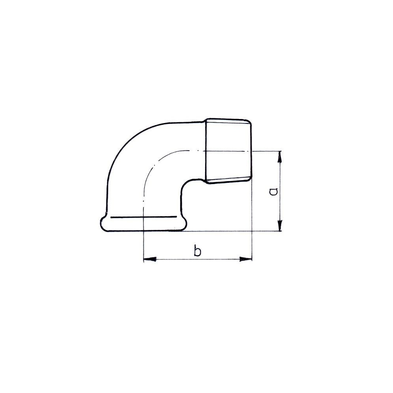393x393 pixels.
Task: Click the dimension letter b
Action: coord(198,251)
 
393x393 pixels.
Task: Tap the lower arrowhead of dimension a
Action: coord(280,225)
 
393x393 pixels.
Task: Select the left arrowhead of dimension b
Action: coord(150,259)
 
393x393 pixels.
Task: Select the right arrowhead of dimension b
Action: coord(245,259)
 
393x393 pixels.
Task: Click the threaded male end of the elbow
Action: coord(228,151)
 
